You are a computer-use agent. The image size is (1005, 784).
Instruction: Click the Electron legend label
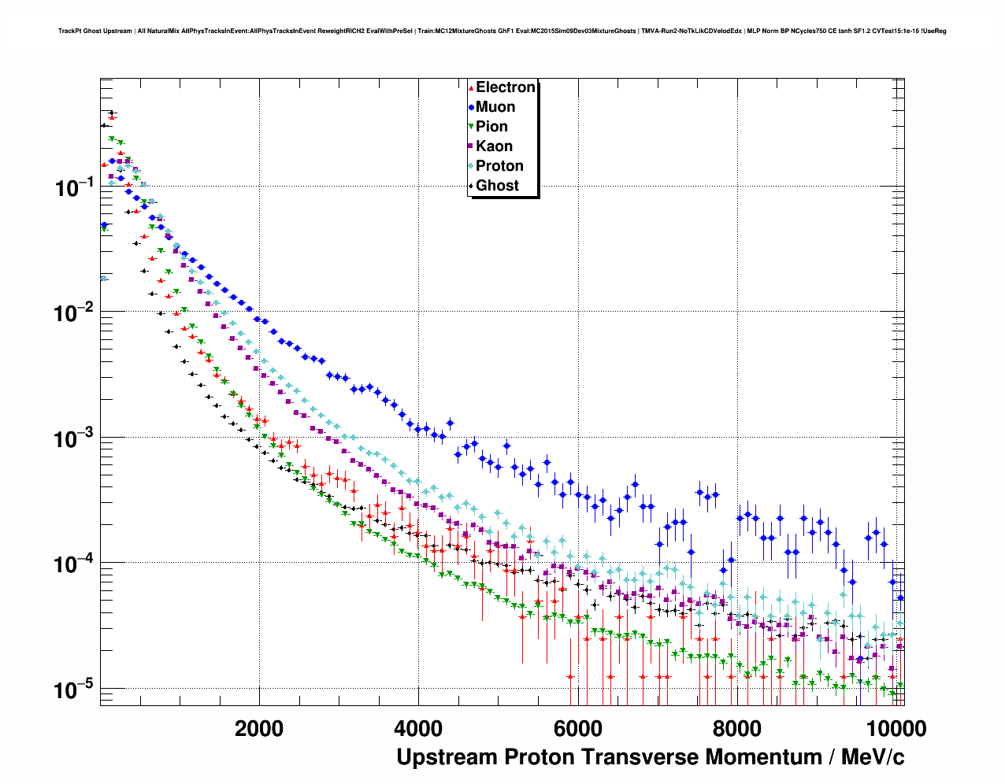click(x=506, y=87)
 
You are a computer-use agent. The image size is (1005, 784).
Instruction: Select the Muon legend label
click(x=495, y=107)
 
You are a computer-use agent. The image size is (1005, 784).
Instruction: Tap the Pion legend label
click(x=491, y=127)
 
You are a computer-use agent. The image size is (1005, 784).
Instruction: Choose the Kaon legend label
click(x=494, y=146)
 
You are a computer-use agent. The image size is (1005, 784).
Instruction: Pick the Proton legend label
click(x=499, y=166)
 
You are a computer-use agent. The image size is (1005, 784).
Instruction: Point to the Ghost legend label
click(x=497, y=186)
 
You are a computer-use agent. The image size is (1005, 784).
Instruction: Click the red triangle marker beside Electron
click(x=471, y=87)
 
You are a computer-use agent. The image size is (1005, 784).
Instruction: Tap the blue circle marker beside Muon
click(x=471, y=107)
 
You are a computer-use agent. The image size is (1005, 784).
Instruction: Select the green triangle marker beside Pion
click(x=471, y=127)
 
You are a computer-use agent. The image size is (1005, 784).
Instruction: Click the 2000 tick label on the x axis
click(x=259, y=728)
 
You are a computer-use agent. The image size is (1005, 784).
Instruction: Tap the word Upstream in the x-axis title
click(x=447, y=757)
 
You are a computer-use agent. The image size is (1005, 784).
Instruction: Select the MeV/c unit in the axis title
click(x=873, y=757)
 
